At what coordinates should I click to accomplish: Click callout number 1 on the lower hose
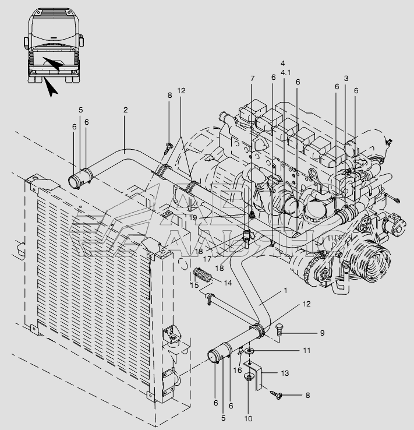[285, 290]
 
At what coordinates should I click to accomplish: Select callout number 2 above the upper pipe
[125, 109]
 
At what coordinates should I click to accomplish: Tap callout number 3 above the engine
[346, 78]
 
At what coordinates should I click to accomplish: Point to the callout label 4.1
[285, 73]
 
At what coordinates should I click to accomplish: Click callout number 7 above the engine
[252, 78]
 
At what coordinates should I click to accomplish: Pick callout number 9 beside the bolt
[321, 333]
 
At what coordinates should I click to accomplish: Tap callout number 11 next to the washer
[306, 351]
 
